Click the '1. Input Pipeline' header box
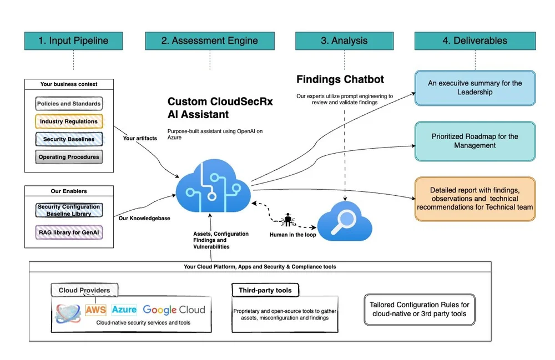(73, 40)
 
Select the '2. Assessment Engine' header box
(209, 40)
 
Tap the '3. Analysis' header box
(344, 40)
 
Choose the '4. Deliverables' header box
(475, 40)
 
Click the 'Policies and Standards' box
(69, 104)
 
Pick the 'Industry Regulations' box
(69, 121)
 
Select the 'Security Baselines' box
(69, 139)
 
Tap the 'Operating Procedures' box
(69, 157)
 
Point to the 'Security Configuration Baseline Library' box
(69, 210)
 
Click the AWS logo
(95, 310)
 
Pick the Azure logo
(124, 310)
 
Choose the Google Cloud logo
(174, 310)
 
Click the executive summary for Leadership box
(475, 88)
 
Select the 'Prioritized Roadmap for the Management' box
(475, 141)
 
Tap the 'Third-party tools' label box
(265, 291)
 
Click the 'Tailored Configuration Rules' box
(419, 309)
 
